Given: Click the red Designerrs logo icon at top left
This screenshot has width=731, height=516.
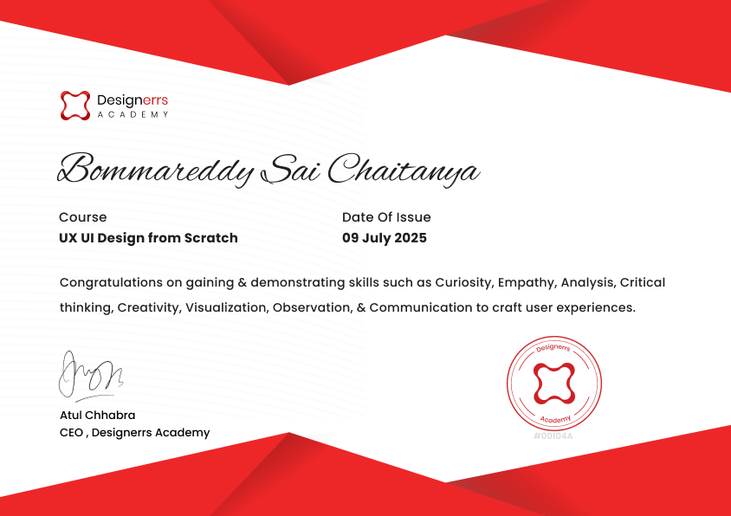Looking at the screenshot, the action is pos(75,106).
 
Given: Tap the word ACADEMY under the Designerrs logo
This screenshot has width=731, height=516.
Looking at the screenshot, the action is pos(133,114).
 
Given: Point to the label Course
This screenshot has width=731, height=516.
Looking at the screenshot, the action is pos(83,217).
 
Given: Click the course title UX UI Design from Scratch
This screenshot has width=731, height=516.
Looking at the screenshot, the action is pos(148,238).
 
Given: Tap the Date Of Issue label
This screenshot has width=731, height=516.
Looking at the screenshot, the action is pos(386,217).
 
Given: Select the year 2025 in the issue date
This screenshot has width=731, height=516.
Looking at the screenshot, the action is pos(411,238).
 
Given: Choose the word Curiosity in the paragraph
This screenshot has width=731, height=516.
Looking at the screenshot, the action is pos(464,283).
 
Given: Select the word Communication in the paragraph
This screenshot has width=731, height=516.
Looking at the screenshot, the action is pos(421,307).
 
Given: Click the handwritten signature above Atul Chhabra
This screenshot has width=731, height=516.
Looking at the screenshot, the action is pos(91,376).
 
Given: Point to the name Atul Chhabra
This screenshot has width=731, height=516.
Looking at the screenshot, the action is pos(97,415).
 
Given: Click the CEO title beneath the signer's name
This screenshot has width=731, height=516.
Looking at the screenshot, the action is pos(135,433).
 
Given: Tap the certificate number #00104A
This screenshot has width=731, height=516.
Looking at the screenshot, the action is pos(553,436).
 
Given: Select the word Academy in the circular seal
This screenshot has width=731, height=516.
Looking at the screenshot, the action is pos(555,420).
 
